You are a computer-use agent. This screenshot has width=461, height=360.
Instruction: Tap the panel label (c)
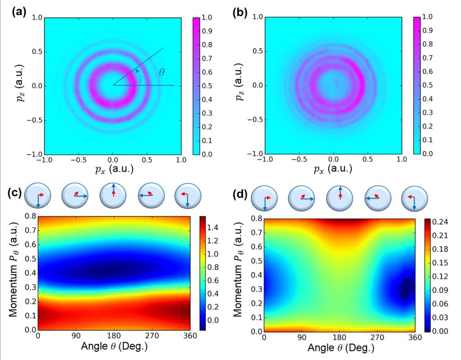click(17, 194)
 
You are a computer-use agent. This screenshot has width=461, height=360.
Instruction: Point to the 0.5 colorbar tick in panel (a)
click(208, 85)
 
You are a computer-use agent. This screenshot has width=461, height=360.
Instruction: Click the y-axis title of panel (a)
click(9, 85)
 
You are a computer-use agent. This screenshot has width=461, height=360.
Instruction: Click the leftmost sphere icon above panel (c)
click(37, 196)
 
